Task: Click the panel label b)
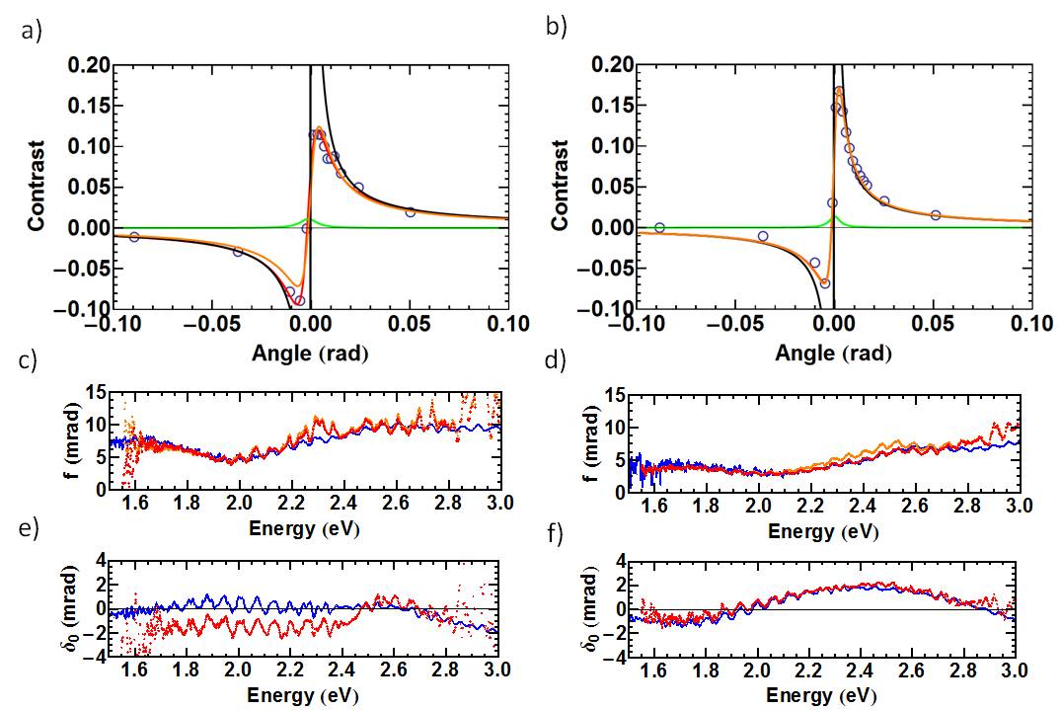tap(557, 27)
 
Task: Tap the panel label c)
tap(31, 360)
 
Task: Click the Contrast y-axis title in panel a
tap(37, 188)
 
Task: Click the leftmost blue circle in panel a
tap(134, 237)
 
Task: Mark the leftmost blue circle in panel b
tap(659, 227)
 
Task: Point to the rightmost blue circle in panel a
tap(410, 212)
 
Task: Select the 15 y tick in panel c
tap(97, 392)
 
